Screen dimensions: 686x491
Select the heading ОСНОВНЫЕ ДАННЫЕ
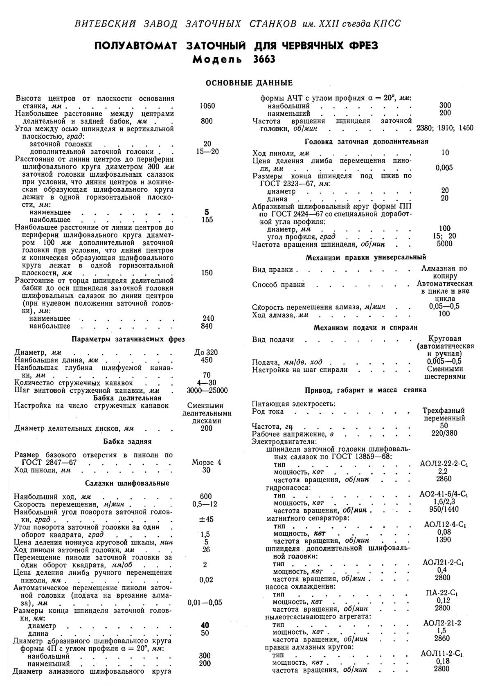[249, 83]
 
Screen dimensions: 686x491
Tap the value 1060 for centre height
[207, 106]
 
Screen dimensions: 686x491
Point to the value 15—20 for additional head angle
[207, 151]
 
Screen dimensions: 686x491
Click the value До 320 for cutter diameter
[207, 352]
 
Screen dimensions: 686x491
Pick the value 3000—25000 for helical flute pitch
[207, 390]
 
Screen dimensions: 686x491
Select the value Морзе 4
[207, 463]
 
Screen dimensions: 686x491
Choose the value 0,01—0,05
[205, 603]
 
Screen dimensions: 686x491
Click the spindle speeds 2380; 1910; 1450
[444, 128]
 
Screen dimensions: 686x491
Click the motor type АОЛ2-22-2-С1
[444, 464]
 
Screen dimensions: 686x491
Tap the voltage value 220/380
[444, 433]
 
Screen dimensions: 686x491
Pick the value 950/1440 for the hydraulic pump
[444, 510]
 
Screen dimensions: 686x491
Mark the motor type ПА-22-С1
[444, 593]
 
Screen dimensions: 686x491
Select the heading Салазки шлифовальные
[127, 483]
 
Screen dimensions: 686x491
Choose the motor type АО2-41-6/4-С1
[444, 495]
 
